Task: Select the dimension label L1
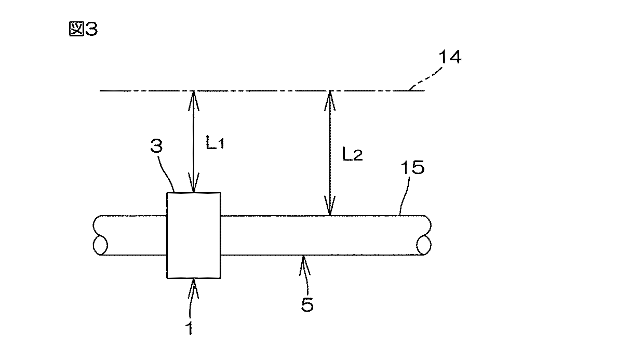(214, 144)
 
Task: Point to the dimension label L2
(351, 155)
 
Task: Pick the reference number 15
(413, 168)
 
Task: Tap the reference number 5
(307, 304)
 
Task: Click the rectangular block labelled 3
(194, 235)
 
